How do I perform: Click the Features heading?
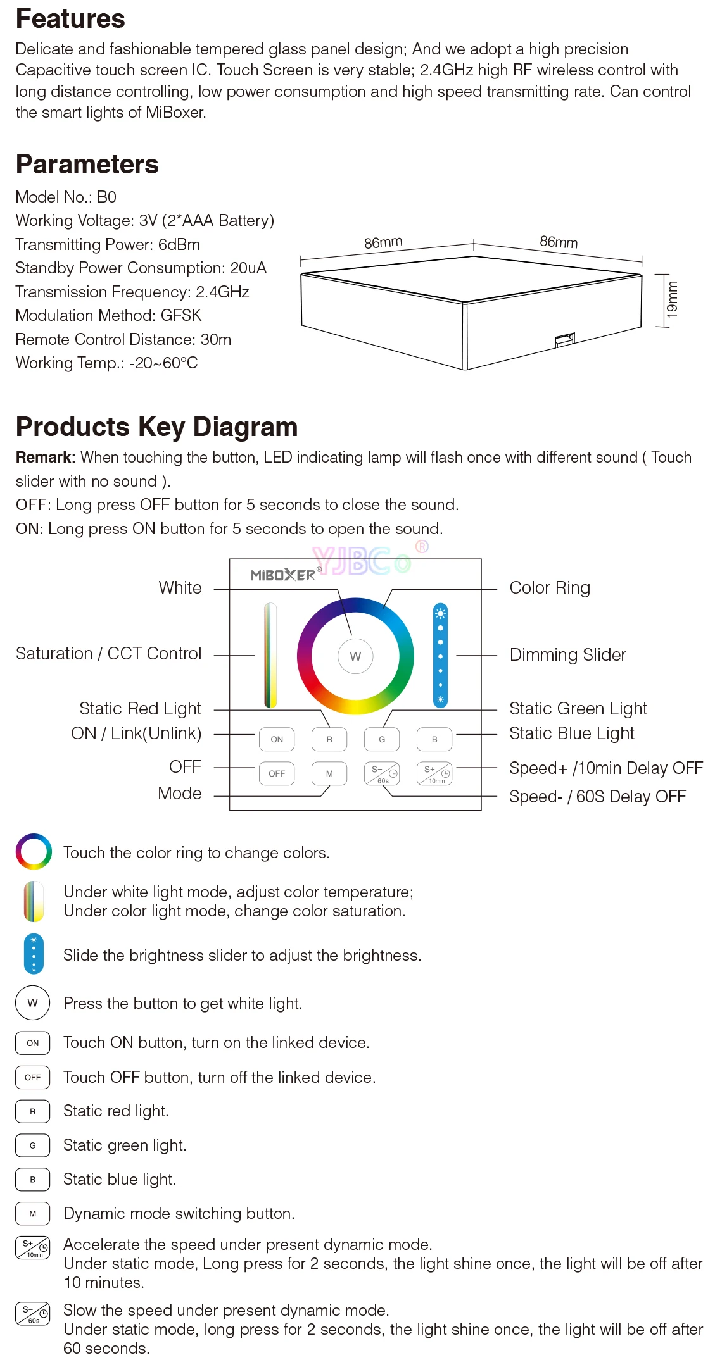[70, 19]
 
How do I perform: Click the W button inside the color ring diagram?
[355, 656]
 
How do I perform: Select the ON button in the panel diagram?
[277, 739]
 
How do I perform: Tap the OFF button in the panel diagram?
[277, 773]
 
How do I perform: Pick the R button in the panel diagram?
[329, 739]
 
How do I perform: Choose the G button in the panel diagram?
[382, 739]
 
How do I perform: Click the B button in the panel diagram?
[434, 739]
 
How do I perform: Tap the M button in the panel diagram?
[329, 773]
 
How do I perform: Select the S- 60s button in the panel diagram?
[382, 773]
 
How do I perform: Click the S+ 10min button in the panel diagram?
[434, 773]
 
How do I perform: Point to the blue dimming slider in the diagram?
[440, 655]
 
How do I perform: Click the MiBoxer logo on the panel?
[284, 575]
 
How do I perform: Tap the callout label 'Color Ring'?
[550, 588]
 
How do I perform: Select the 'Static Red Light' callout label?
[140, 708]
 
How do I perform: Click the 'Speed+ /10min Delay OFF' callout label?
[606, 768]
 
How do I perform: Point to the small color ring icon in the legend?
[34, 852]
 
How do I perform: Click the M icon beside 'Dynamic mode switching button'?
[33, 1214]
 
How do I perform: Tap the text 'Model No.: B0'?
[66, 197]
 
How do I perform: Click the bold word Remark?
[46, 458]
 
